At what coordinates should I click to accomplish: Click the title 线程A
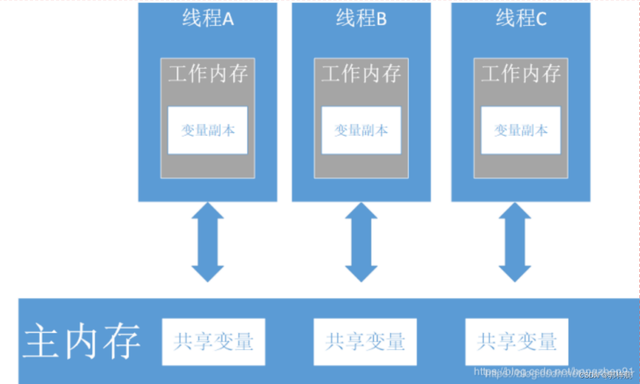pyautogui.click(x=208, y=19)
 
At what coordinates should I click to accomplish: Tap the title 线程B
pyautogui.click(x=361, y=19)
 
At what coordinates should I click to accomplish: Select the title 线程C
pyautogui.click(x=521, y=19)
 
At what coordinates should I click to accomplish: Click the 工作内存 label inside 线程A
pyautogui.click(x=208, y=74)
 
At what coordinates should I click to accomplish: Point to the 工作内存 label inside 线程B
pyautogui.click(x=361, y=74)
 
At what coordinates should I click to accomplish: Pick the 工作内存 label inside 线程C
pyautogui.click(x=521, y=74)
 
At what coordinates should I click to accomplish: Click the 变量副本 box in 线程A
pyautogui.click(x=208, y=130)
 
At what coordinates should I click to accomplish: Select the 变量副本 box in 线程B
pyautogui.click(x=361, y=130)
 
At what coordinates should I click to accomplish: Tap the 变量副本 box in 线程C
pyautogui.click(x=521, y=130)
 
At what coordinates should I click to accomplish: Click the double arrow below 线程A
pyautogui.click(x=208, y=242)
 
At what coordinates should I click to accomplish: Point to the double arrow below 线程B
pyautogui.click(x=361, y=242)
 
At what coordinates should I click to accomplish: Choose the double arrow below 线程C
pyautogui.click(x=515, y=242)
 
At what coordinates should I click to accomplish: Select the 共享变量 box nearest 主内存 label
pyautogui.click(x=214, y=342)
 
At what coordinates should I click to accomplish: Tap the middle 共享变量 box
pyautogui.click(x=365, y=342)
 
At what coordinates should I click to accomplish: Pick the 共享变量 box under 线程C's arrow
pyautogui.click(x=517, y=342)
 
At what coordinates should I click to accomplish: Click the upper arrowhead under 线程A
pyautogui.click(x=208, y=211)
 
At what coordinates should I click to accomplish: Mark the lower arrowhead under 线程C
pyautogui.click(x=515, y=273)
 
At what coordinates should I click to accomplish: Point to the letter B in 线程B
pyautogui.click(x=381, y=20)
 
